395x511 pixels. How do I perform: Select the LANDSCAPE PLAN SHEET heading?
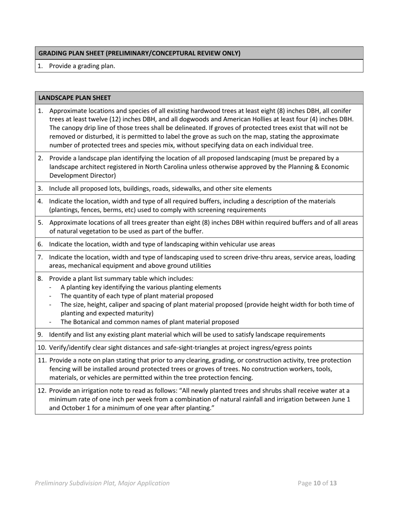tap(74, 98)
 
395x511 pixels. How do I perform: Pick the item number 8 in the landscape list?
tap(40, 278)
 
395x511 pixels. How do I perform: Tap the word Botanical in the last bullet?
tap(88, 322)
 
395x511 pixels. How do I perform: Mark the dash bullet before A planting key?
tap(51, 287)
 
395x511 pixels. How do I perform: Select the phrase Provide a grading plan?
tap(82, 66)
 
